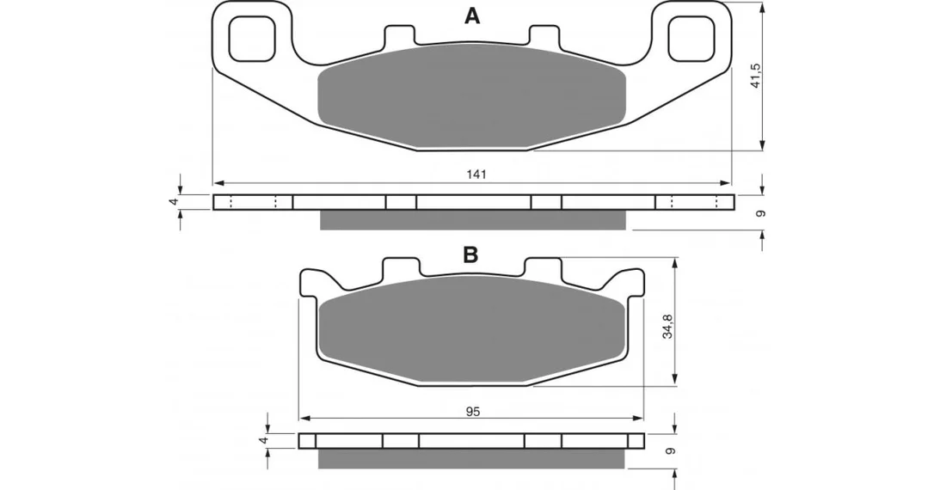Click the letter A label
tap(472, 16)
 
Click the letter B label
tap(470, 254)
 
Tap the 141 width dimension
tap(476, 175)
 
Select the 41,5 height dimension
tap(756, 75)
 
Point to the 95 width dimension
tap(473, 412)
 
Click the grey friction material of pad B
tap(472, 330)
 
